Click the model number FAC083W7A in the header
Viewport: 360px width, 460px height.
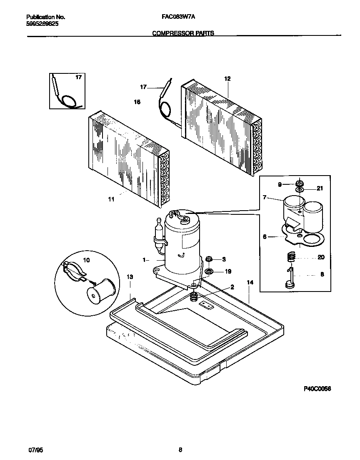coord(178,17)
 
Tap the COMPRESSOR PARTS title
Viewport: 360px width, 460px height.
coord(183,33)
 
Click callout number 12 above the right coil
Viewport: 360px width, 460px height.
coord(227,78)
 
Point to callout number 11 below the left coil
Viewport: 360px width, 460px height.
coord(111,199)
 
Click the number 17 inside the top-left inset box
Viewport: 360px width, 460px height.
coord(78,78)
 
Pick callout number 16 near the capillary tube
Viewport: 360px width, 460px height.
coord(137,102)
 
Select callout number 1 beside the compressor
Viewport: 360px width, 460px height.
coord(144,260)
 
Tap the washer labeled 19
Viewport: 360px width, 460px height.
coord(209,272)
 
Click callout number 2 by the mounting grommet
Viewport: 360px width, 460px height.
coord(232,287)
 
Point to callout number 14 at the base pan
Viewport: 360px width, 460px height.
coord(250,282)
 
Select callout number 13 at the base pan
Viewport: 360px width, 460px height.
coord(130,277)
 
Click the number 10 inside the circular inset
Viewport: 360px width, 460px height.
coord(87,260)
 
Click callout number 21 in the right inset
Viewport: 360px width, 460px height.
coord(320,188)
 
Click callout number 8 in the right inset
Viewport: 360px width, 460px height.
coord(321,275)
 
